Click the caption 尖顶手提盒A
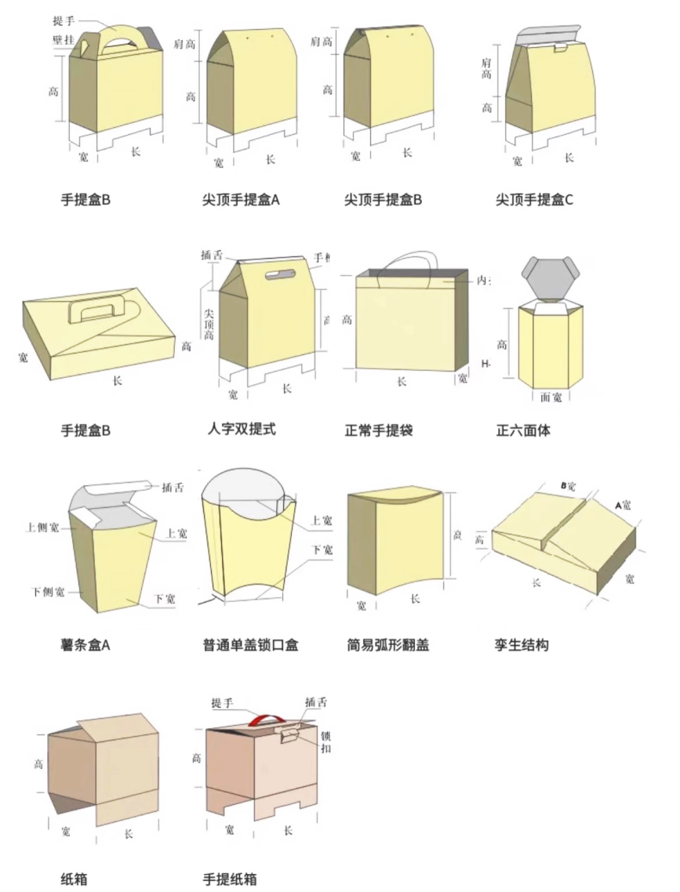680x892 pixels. pyautogui.click(x=241, y=199)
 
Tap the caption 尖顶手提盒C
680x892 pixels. pyautogui.click(x=534, y=199)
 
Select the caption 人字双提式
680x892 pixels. pyautogui.click(x=242, y=429)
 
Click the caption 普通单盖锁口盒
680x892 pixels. pyautogui.click(x=250, y=645)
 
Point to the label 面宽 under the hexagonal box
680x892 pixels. pyautogui.click(x=551, y=397)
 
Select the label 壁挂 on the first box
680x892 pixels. pyautogui.click(x=64, y=38)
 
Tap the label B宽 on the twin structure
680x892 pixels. pyautogui.click(x=568, y=486)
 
